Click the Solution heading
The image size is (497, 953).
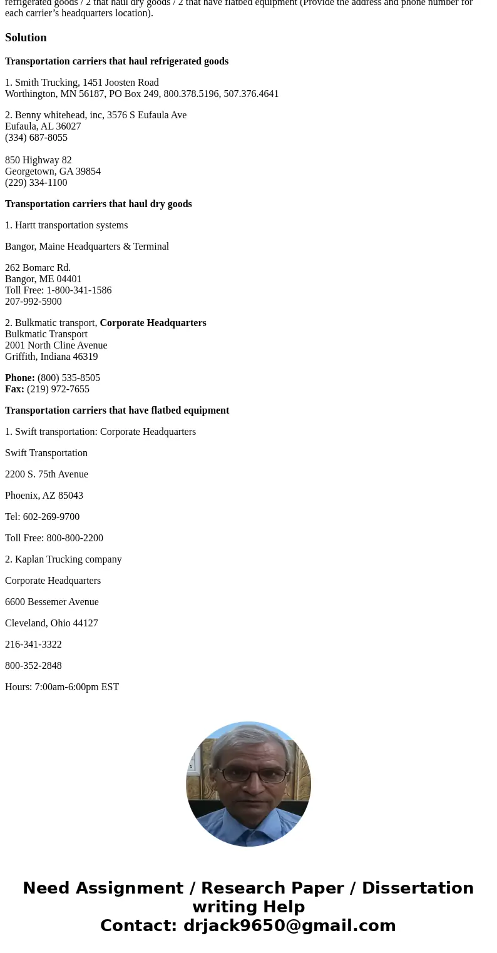pyautogui.click(x=26, y=38)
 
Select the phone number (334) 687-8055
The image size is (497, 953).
pyautogui.click(x=36, y=138)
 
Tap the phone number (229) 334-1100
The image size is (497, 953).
pyautogui.click(x=36, y=183)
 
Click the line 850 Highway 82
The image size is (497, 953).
pyautogui.click(x=38, y=160)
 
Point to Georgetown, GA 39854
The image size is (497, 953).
pyautogui.click(x=53, y=171)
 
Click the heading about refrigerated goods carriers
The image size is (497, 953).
pyautogui.click(x=116, y=61)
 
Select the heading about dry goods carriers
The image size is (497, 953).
pyautogui.click(x=98, y=204)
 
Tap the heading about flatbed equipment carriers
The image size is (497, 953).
pyautogui.click(x=117, y=410)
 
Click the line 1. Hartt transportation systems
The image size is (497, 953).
pyautogui.click(x=66, y=225)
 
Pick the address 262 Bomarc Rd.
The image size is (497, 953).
pyautogui.click(x=38, y=268)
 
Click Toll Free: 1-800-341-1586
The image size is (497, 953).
pyautogui.click(x=58, y=290)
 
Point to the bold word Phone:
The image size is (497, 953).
pyautogui.click(x=20, y=378)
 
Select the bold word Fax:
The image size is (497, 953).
pyautogui.click(x=14, y=389)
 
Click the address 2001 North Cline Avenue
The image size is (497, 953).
pyautogui.click(x=56, y=345)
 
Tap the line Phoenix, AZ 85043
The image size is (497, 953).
pyautogui.click(x=44, y=496)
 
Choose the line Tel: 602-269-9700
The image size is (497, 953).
pyautogui.click(x=42, y=517)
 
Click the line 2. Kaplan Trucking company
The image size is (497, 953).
pyautogui.click(x=63, y=559)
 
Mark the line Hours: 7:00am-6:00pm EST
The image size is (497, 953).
pyautogui.click(x=62, y=687)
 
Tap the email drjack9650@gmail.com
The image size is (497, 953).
pyautogui.click(x=289, y=925)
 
